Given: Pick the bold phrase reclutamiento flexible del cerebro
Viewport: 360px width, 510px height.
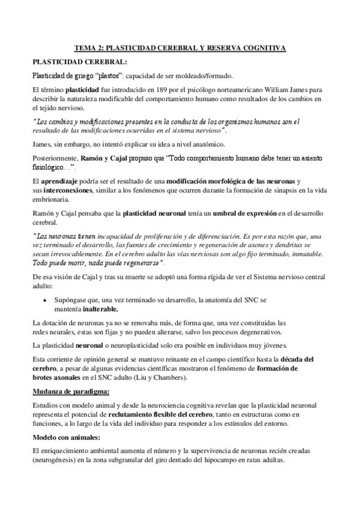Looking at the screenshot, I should [161, 415].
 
